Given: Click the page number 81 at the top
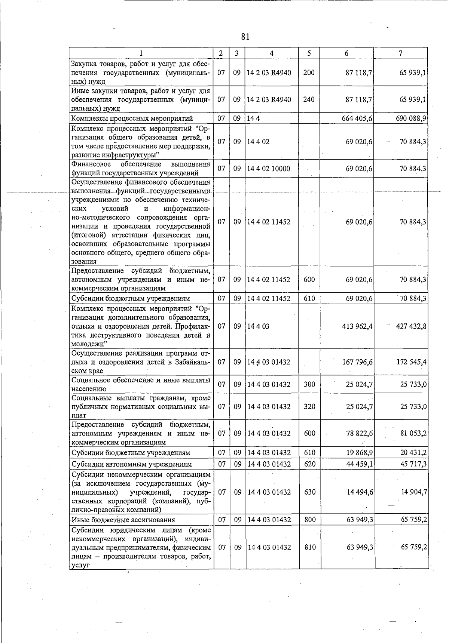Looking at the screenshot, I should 245,37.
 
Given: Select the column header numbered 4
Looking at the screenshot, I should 271,53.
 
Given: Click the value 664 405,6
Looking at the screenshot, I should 357,119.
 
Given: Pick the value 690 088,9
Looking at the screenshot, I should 411,119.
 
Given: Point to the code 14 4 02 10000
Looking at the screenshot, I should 269,169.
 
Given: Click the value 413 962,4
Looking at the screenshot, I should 357,326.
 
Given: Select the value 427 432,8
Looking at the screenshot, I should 411,326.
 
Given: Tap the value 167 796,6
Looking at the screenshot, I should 357,362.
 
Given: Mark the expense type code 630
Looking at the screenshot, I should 310,492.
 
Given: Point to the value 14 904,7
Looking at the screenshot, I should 414,492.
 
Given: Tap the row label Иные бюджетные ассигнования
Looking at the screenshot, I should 123,520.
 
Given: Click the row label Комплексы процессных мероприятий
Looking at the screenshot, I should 132,119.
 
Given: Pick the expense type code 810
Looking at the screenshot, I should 310,547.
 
